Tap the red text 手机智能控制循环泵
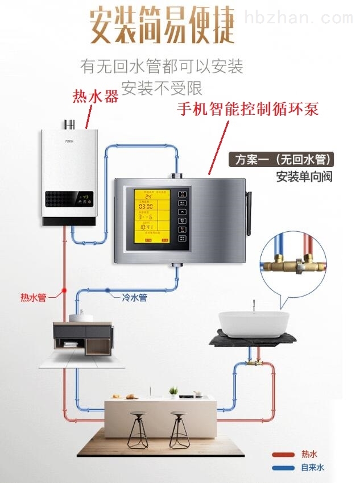pyautogui.click(x=247, y=109)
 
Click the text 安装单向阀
pyautogui.click(x=304, y=176)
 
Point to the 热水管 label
pyautogui.click(x=34, y=297)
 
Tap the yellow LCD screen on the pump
pyautogui.click(x=151, y=216)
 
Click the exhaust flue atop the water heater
pyautogui.click(x=70, y=124)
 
